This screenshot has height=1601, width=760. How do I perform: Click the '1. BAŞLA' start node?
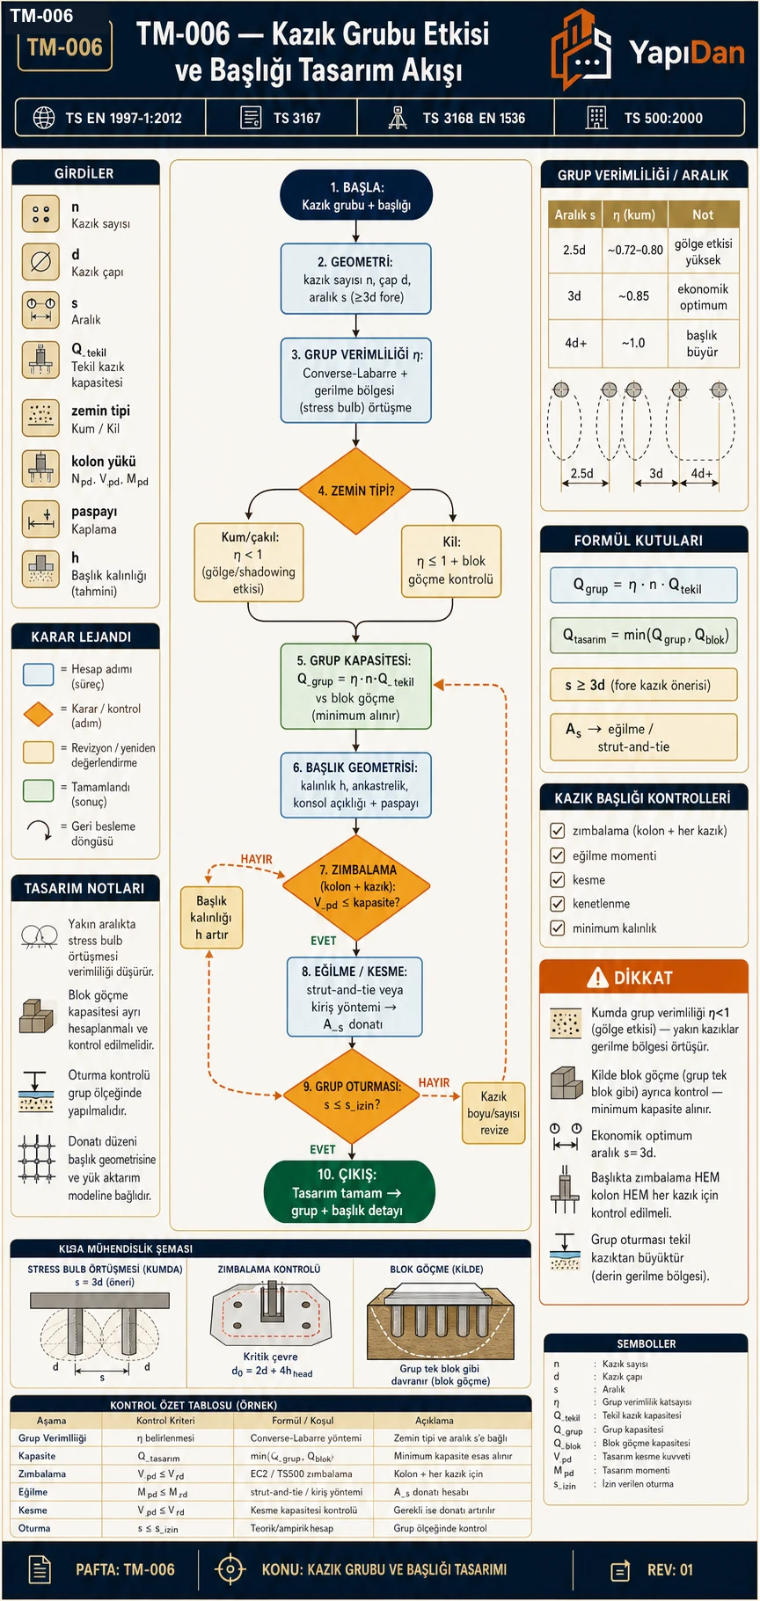[x=356, y=195]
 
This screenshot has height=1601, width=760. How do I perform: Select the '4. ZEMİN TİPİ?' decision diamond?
[x=355, y=491]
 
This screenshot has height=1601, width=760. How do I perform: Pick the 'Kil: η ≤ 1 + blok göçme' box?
[x=451, y=561]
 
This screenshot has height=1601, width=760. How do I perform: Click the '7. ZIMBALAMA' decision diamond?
[x=356, y=886]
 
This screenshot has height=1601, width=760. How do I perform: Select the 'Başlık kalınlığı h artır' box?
[x=211, y=918]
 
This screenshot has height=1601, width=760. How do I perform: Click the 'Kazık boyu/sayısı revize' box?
[x=493, y=1113]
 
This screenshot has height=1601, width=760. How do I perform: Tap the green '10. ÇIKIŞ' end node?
[x=349, y=1192]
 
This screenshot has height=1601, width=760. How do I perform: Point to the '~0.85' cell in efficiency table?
[x=633, y=296]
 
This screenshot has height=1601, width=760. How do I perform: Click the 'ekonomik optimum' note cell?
[x=703, y=297]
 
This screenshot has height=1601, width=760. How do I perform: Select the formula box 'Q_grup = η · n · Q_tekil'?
[x=643, y=586]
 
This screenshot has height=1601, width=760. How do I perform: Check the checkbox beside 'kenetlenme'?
[x=557, y=903]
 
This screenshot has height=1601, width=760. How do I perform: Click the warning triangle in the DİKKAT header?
[x=598, y=977]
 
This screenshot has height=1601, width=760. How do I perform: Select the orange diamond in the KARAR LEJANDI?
[x=39, y=715]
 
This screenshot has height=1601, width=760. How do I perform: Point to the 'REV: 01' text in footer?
[x=670, y=1569]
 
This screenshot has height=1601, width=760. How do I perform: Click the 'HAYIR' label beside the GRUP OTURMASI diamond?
[x=434, y=1082]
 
